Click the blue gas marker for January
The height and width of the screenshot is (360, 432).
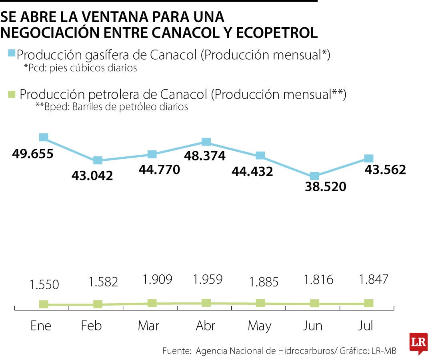44,138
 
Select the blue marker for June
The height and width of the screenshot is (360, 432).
315,176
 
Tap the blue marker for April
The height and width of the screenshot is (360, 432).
206,142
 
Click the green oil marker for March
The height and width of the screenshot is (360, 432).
152,303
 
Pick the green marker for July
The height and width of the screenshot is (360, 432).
369,303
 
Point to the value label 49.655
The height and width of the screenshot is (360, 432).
33,154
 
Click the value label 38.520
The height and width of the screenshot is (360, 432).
325,187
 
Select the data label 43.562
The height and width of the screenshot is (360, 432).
385,170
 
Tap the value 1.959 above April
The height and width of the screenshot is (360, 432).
208,279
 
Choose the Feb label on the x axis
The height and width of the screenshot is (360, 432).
91,326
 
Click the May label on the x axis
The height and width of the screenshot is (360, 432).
260,326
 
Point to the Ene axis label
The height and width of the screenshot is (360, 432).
41,326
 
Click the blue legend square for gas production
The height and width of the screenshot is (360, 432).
11,53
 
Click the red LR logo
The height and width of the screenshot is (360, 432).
418,342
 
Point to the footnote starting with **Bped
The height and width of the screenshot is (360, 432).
112,107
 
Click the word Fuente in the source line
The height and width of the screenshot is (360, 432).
176,351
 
